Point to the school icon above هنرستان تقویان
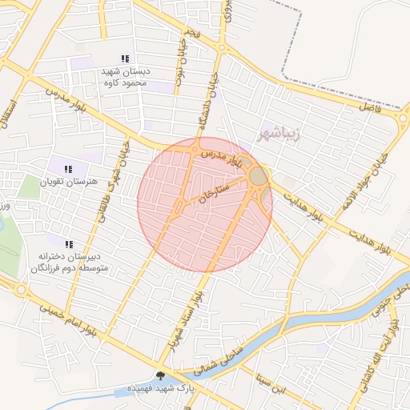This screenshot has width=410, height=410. tap(68, 169)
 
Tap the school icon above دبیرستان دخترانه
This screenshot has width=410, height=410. tap(69, 243)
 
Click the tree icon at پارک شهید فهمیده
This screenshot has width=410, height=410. tap(160, 376)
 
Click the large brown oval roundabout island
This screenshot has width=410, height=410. tap(258, 175)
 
